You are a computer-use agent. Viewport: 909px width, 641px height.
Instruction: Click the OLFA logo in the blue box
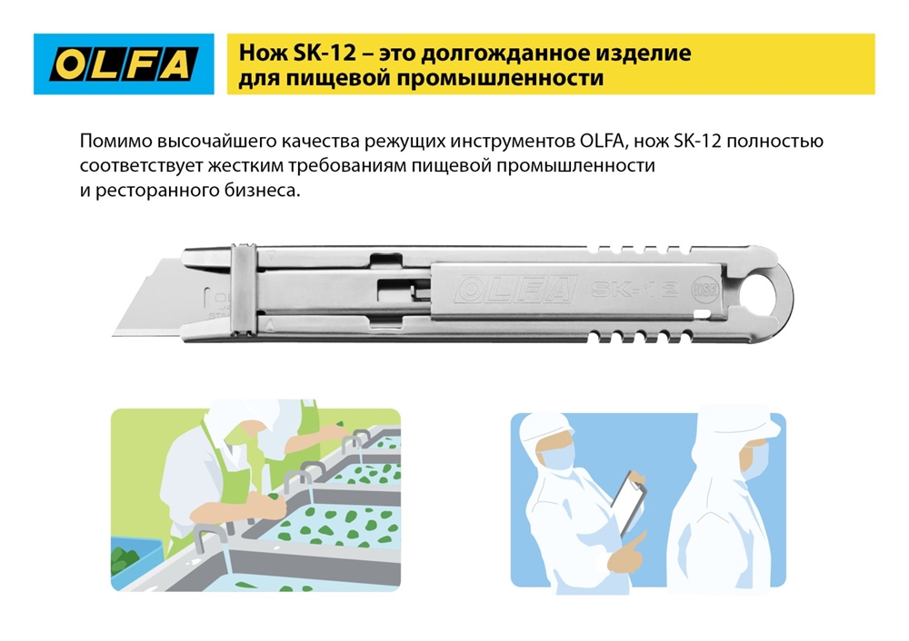[124, 64]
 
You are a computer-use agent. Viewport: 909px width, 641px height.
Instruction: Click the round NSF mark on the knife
[703, 291]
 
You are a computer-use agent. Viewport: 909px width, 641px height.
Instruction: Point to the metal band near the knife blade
[244, 296]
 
